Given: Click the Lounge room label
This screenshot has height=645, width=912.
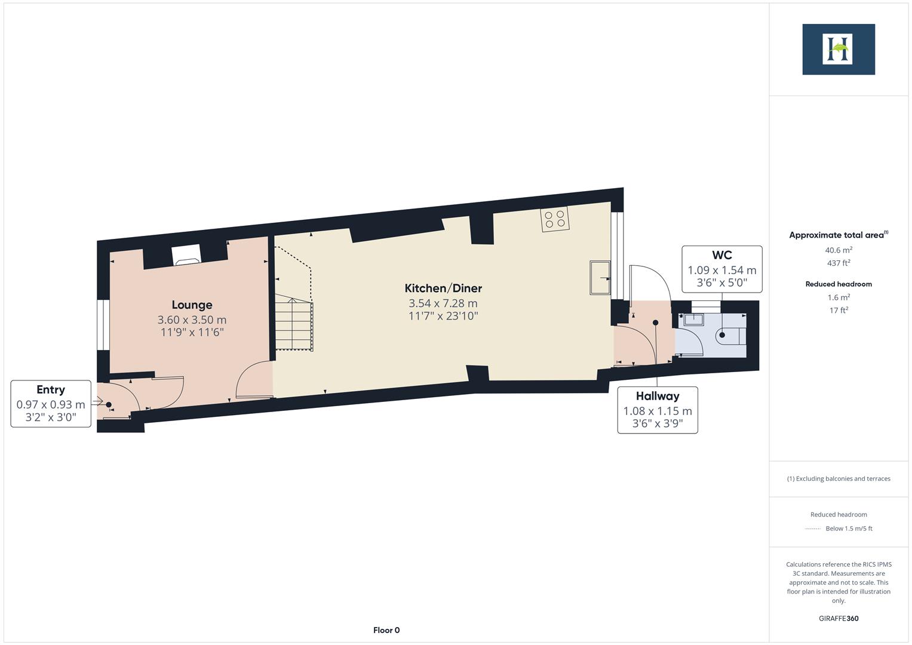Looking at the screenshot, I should click(x=192, y=305).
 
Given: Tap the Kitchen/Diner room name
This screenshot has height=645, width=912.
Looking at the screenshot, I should click(x=443, y=288).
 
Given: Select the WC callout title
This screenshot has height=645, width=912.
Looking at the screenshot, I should click(x=721, y=256).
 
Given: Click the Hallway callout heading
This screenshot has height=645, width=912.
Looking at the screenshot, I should click(x=657, y=396).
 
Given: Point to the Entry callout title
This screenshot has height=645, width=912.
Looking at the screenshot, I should click(x=51, y=390).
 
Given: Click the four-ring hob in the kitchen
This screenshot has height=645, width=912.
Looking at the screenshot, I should click(x=555, y=219).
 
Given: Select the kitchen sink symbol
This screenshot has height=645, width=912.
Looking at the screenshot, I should click(x=600, y=278).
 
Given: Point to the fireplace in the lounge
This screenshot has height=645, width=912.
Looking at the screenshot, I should click(x=186, y=257).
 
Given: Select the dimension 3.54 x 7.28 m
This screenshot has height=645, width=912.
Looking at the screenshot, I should click(x=443, y=303).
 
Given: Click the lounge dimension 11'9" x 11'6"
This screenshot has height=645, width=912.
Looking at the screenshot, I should click(x=192, y=332).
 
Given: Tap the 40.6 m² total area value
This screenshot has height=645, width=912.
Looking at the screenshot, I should click(x=839, y=250).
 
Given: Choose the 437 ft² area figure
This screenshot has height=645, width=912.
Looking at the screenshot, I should click(x=839, y=263).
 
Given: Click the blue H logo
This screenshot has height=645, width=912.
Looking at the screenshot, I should click(x=838, y=50).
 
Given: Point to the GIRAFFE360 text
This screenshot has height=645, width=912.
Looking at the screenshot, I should click(x=839, y=618).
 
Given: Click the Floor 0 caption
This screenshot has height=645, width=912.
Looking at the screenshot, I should click(x=386, y=630).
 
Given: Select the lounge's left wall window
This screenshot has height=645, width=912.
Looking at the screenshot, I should click(x=103, y=324).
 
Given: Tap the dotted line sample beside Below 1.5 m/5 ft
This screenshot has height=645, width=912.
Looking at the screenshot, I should click(x=813, y=529).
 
